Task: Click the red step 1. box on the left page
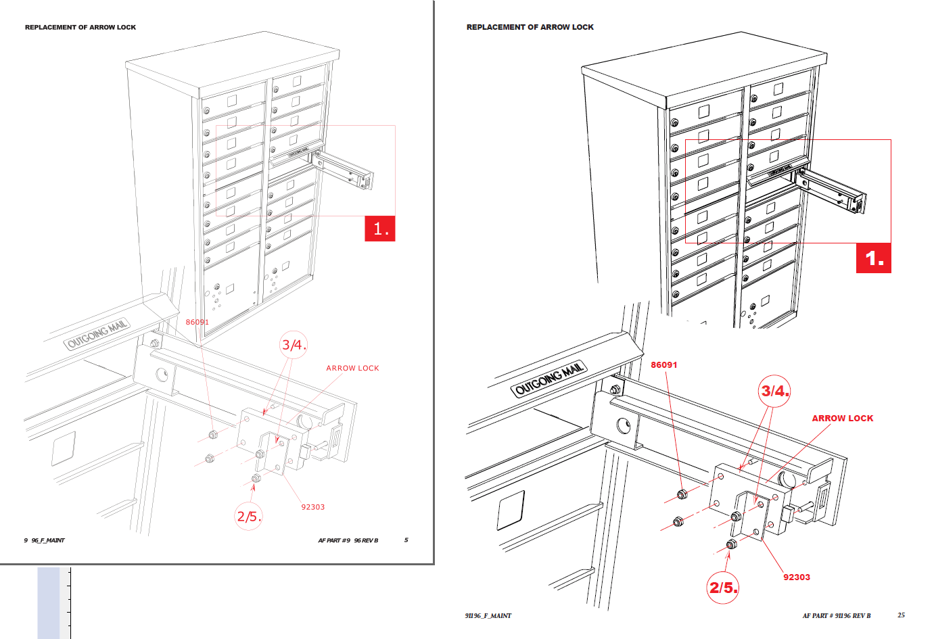tap(379, 229)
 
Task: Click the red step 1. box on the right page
tap(873, 258)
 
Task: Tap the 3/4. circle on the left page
tap(294, 345)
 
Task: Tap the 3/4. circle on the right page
tap(774, 391)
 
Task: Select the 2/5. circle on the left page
tap(248, 517)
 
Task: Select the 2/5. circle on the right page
tap(722, 587)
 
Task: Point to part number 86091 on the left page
tap(197, 322)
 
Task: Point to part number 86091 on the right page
tap(663, 365)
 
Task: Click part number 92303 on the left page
tap(313, 507)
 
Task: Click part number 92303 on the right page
tap(796, 577)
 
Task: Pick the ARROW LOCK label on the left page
tap(352, 369)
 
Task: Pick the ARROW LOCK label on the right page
tap(842, 419)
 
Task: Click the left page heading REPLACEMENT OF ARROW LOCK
tap(80, 28)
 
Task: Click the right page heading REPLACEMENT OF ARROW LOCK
tap(530, 27)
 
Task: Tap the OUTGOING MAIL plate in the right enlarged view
tap(549, 379)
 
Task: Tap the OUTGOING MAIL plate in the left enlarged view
tap(97, 334)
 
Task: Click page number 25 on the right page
tap(901, 615)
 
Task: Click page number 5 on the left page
tap(406, 540)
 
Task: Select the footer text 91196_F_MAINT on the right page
tap(488, 616)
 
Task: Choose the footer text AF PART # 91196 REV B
tap(836, 616)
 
